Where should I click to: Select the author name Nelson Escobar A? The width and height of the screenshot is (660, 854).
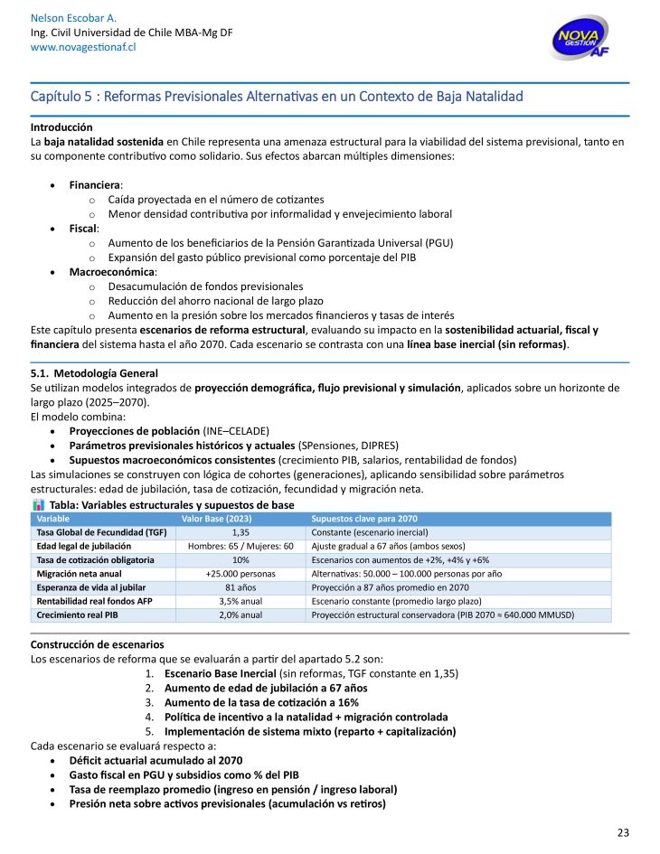tap(73, 18)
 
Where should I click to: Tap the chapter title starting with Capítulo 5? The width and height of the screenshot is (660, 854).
tap(277, 96)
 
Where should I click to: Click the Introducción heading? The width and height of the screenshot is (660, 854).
tap(61, 127)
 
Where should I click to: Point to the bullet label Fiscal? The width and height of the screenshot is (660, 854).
tap(82, 229)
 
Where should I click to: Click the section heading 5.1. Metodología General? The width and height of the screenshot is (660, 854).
tap(94, 373)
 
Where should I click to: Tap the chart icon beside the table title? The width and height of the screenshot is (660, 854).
tap(38, 504)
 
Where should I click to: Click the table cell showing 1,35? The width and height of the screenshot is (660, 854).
tap(240, 532)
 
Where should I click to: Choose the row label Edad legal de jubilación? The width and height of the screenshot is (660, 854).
tap(83, 547)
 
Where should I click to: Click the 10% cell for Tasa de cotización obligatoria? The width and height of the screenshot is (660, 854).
tap(240, 560)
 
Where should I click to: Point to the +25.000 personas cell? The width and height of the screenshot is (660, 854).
tap(240, 574)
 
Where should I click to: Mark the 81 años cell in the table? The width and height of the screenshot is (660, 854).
tap(240, 587)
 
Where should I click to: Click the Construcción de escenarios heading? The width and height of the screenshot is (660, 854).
tap(97, 644)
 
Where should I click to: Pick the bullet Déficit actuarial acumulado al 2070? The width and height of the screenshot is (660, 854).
tap(156, 761)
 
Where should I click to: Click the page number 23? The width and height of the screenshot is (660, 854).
tap(623, 833)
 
